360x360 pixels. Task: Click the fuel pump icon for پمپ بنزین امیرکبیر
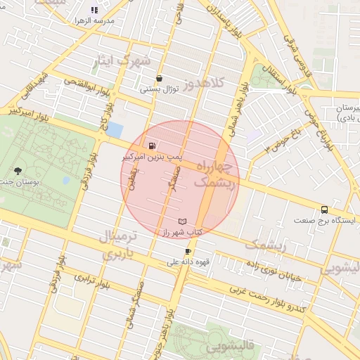point(151,146)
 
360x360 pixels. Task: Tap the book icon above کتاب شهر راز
point(183,221)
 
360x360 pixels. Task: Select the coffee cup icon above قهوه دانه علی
point(188,252)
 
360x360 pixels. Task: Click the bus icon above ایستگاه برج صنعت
point(324,210)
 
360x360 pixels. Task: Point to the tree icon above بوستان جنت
point(18,171)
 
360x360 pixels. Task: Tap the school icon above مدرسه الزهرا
point(95,11)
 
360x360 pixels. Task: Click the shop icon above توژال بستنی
point(160,79)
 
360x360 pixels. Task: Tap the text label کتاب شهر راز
point(184,231)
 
